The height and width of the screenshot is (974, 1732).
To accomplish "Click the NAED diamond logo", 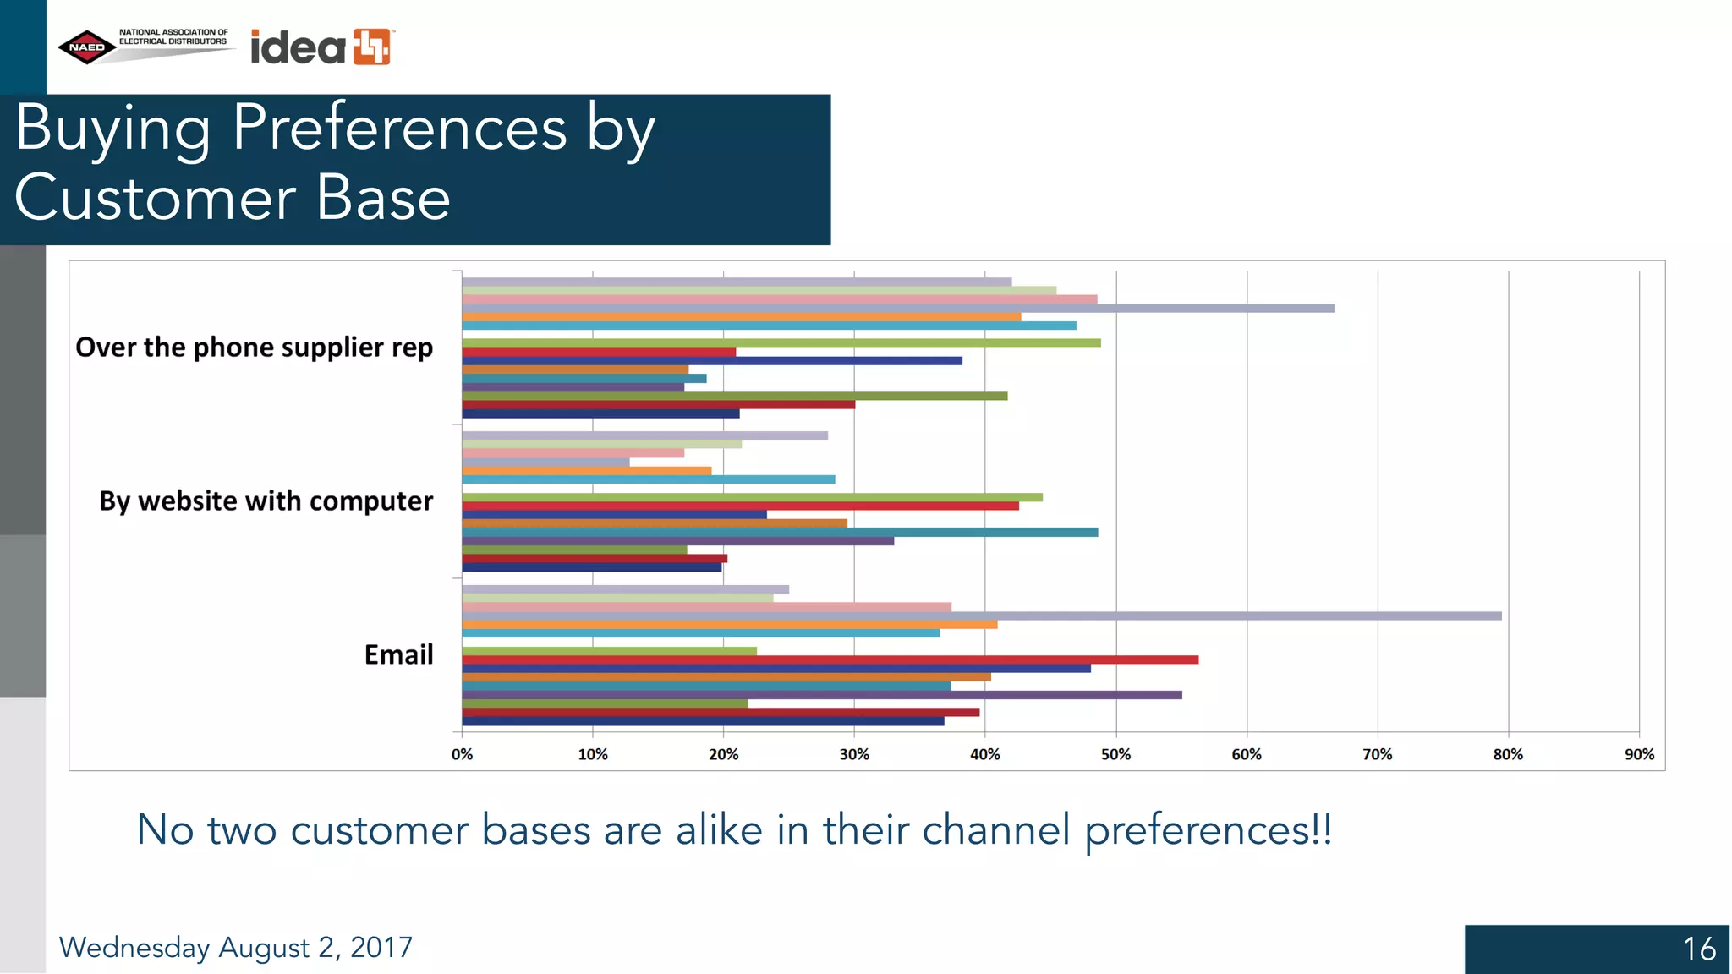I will [x=87, y=47].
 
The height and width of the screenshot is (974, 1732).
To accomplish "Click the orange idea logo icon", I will [x=372, y=47].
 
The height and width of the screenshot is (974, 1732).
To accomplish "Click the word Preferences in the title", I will [x=399, y=129].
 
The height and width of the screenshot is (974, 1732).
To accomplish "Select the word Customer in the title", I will [x=155, y=200].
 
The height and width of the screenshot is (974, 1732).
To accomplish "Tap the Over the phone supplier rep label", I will [x=254, y=347].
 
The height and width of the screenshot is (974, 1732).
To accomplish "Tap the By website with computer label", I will [x=266, y=501].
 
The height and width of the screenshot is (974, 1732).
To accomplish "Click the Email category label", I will [x=398, y=655].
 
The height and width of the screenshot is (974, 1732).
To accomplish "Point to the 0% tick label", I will [x=462, y=754].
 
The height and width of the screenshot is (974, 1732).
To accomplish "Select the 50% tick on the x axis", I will [x=1115, y=754].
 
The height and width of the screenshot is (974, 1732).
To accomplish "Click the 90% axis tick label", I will [x=1638, y=754].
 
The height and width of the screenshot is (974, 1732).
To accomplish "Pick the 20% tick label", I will [x=723, y=754].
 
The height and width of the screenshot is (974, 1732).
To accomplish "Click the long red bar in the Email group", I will [x=829, y=659].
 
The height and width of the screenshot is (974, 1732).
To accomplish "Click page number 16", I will [x=1698, y=949].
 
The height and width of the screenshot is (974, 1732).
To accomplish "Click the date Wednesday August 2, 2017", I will [x=235, y=948].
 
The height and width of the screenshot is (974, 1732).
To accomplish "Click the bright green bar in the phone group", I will [x=778, y=343].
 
